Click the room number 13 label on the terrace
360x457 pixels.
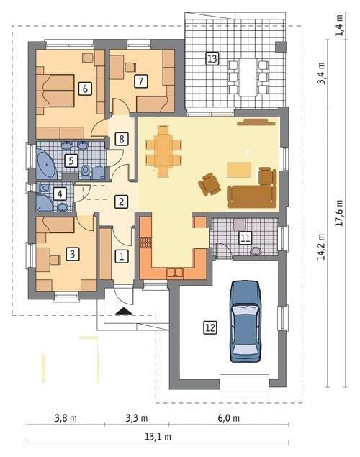click(x=212, y=58)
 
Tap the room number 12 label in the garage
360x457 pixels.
click(x=210, y=327)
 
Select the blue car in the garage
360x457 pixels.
click(x=245, y=321)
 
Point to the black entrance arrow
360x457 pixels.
click(x=124, y=311)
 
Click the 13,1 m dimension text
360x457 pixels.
click(x=158, y=437)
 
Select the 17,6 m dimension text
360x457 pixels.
click(x=339, y=213)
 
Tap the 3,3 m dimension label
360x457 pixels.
click(x=137, y=418)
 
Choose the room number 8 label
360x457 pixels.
click(x=121, y=139)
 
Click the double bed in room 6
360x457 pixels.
click(x=55, y=91)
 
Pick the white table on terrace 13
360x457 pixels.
click(x=248, y=77)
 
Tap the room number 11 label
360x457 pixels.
click(x=245, y=238)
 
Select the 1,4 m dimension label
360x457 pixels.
click(x=339, y=25)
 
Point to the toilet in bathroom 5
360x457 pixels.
click(x=86, y=171)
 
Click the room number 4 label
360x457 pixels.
click(x=60, y=194)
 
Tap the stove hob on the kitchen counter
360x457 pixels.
click(x=145, y=243)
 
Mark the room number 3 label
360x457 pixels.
click(x=72, y=254)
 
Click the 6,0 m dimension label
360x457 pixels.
click(x=229, y=418)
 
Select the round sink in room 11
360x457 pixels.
click(x=256, y=251)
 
